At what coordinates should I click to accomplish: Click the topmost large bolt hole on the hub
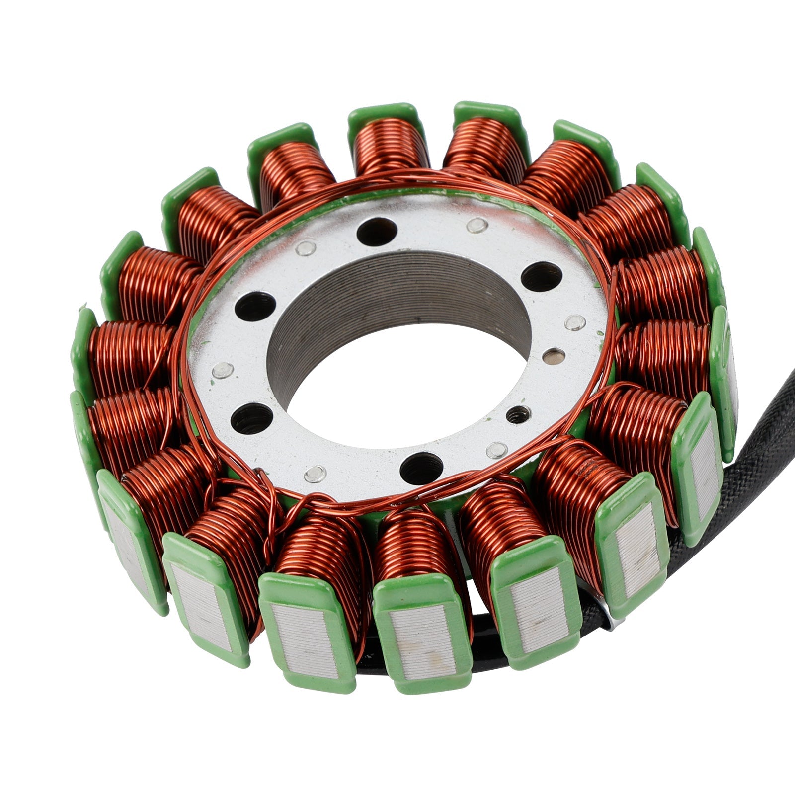(x=377, y=232)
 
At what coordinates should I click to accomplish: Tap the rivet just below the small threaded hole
(x=496, y=450)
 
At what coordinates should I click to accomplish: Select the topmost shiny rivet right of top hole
(x=477, y=225)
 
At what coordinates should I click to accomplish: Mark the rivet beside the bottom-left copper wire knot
(x=315, y=474)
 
